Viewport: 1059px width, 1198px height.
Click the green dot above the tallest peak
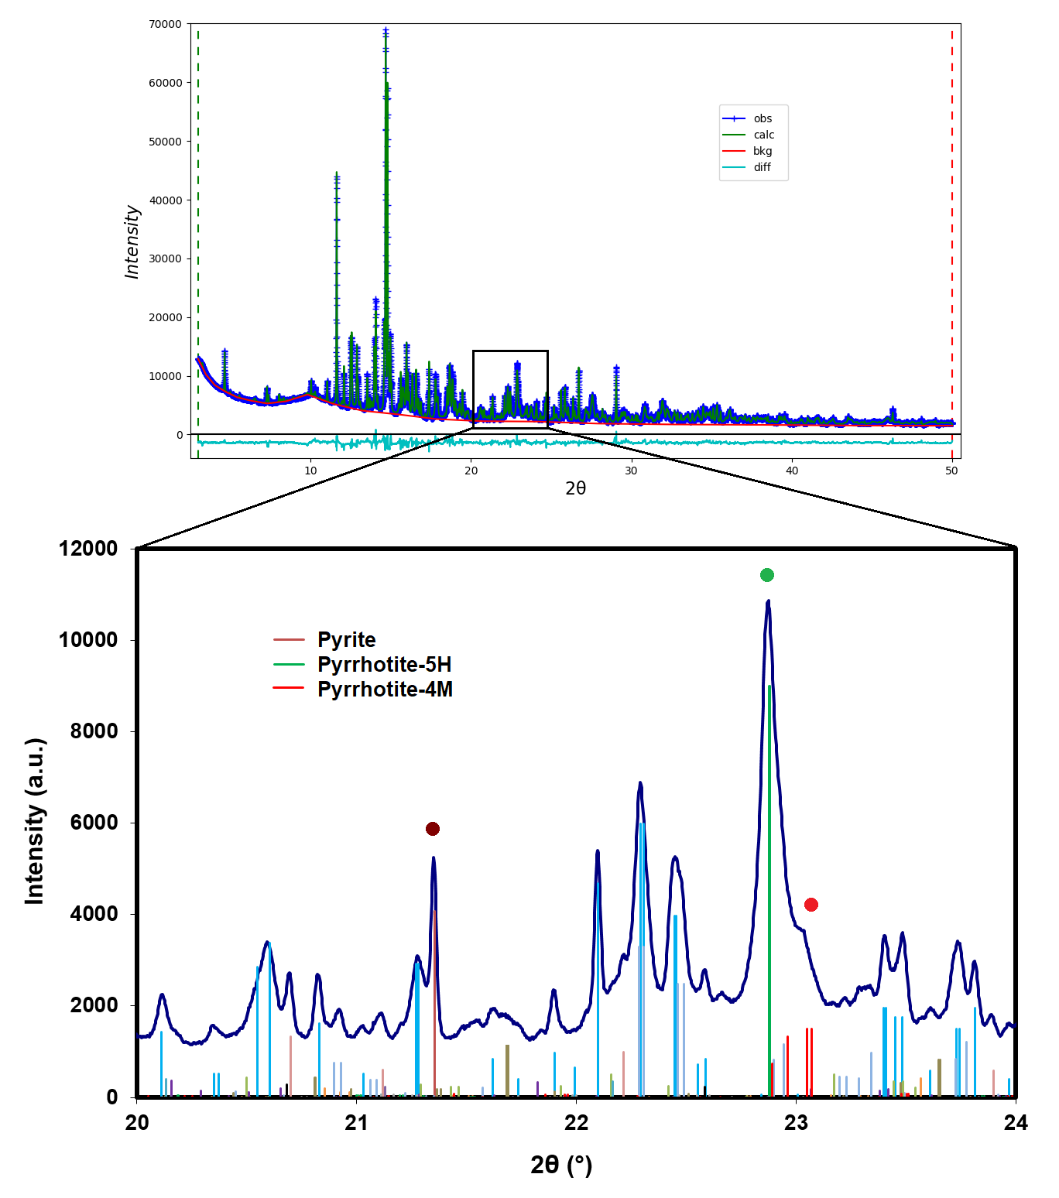point(767,575)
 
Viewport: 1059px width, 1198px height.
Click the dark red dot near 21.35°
point(433,829)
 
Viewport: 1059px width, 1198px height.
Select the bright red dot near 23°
point(811,905)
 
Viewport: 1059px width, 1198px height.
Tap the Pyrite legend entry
point(346,640)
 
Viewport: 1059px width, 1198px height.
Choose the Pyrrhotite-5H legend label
point(384,665)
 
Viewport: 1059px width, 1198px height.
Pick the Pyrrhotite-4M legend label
point(385,690)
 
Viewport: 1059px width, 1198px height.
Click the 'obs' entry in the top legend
point(763,118)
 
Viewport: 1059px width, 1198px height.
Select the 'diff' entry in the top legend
point(762,167)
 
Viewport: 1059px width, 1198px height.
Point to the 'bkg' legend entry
point(763,151)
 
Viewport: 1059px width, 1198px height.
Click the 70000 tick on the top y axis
point(166,24)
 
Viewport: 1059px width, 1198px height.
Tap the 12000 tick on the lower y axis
point(88,549)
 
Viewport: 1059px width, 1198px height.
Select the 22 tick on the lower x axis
point(576,1123)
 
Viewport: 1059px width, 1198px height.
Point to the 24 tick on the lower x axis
point(1015,1123)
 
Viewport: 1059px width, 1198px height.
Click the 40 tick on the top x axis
point(792,471)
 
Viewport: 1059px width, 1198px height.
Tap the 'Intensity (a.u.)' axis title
point(35,821)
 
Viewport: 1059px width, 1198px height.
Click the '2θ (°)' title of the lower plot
point(561,1165)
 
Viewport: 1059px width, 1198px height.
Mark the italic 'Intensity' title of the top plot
point(132,241)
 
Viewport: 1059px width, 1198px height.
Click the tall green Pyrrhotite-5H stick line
point(769,890)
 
